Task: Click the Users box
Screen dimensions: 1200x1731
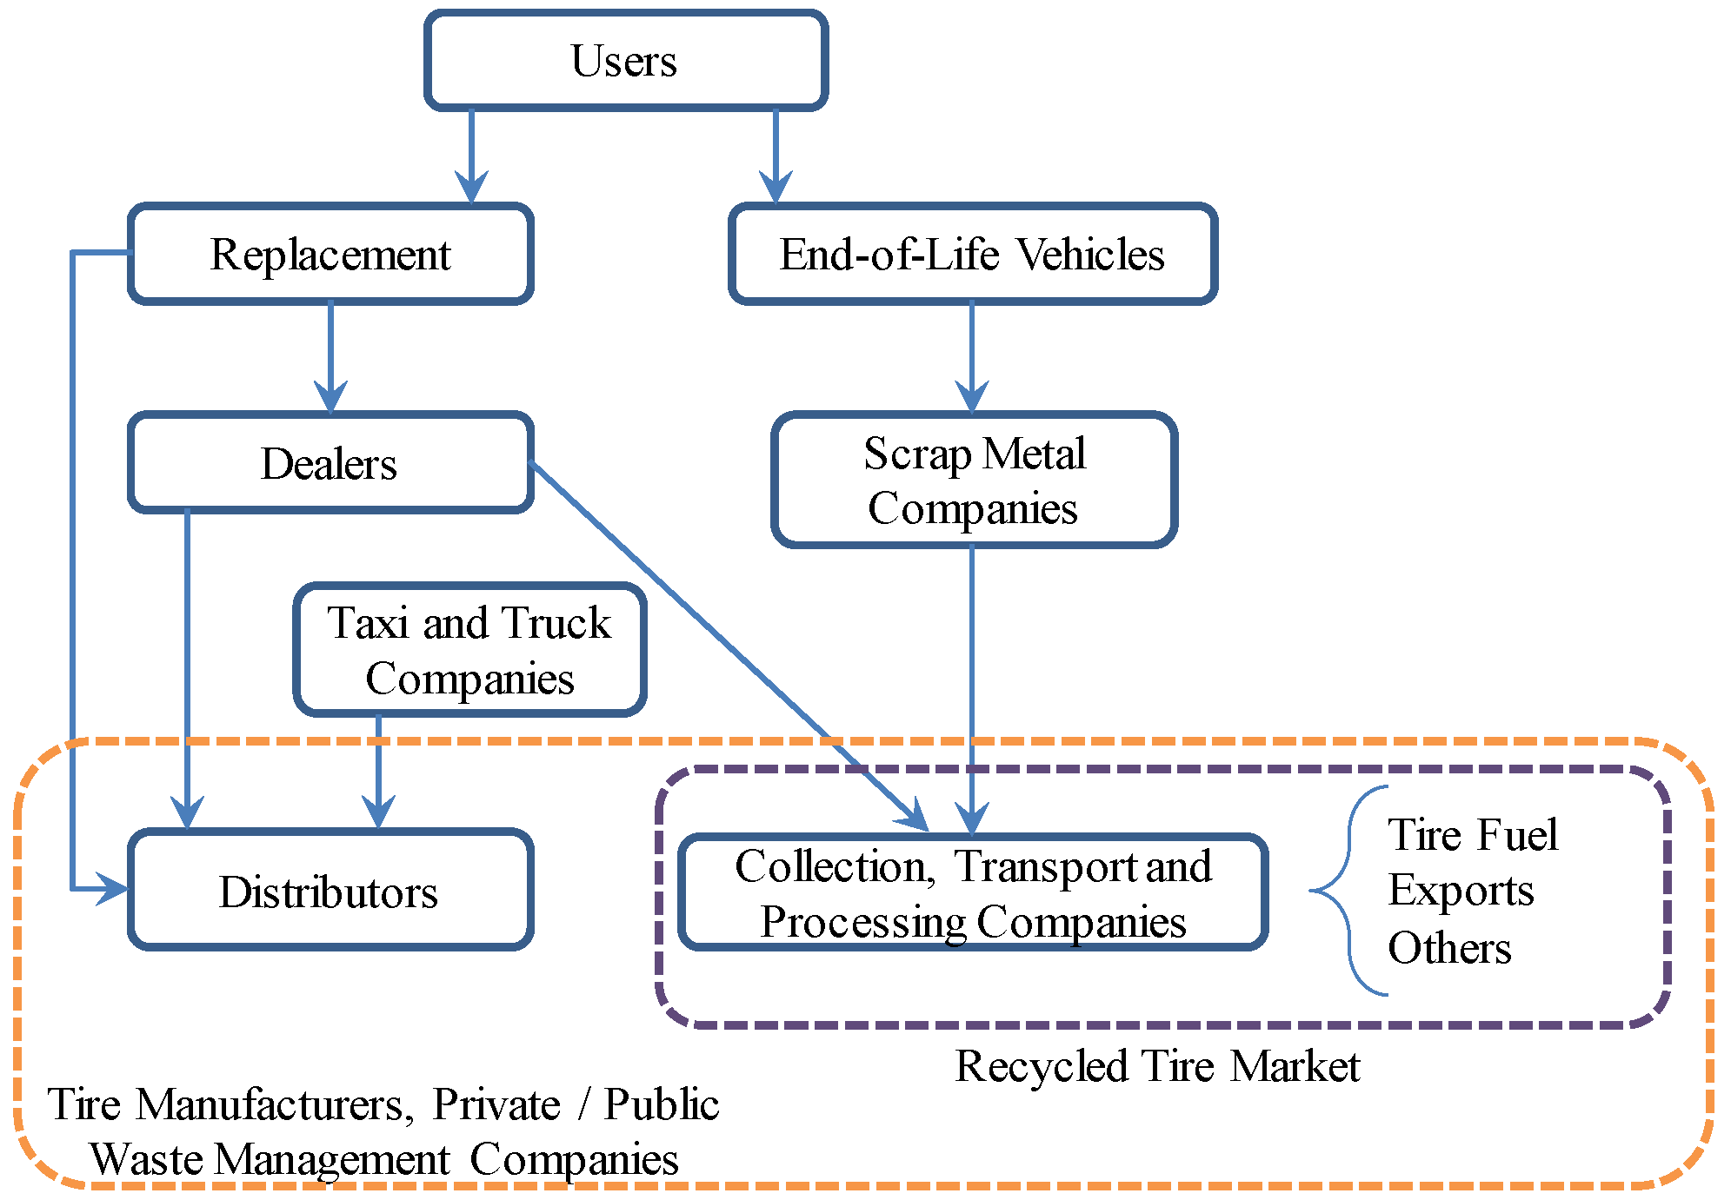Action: coord(625,61)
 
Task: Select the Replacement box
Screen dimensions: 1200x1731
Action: coord(330,255)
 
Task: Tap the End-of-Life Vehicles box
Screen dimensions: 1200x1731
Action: coord(972,255)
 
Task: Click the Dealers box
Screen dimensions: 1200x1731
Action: coord(330,463)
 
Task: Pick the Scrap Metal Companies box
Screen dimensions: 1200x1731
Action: coord(974,481)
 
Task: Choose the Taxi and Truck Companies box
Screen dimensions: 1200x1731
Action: coord(469,650)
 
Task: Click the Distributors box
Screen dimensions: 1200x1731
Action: coord(330,891)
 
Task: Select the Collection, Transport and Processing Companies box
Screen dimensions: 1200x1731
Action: coord(972,892)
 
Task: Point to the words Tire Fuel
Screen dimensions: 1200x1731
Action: coord(1472,835)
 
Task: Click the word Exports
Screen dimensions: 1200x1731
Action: coord(1461,891)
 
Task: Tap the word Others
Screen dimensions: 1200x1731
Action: coord(1449,947)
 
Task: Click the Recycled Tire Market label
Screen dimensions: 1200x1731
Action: coord(1157,1066)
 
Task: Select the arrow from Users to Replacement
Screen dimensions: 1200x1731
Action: coord(471,156)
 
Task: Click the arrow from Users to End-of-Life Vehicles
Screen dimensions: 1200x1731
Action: coord(776,156)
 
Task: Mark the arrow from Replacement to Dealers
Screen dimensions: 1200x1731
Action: coord(330,356)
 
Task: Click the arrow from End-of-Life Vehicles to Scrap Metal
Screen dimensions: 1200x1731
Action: coord(972,356)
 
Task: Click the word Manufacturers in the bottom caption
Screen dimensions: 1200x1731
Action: coord(270,1105)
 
